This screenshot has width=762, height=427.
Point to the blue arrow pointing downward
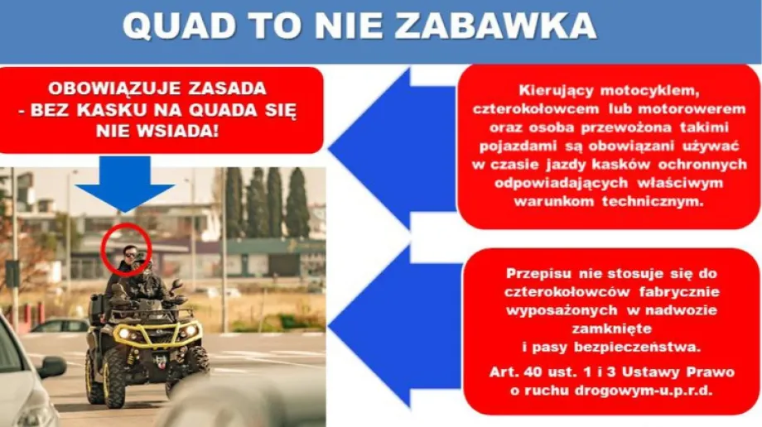125,182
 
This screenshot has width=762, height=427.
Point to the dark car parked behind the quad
58,325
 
